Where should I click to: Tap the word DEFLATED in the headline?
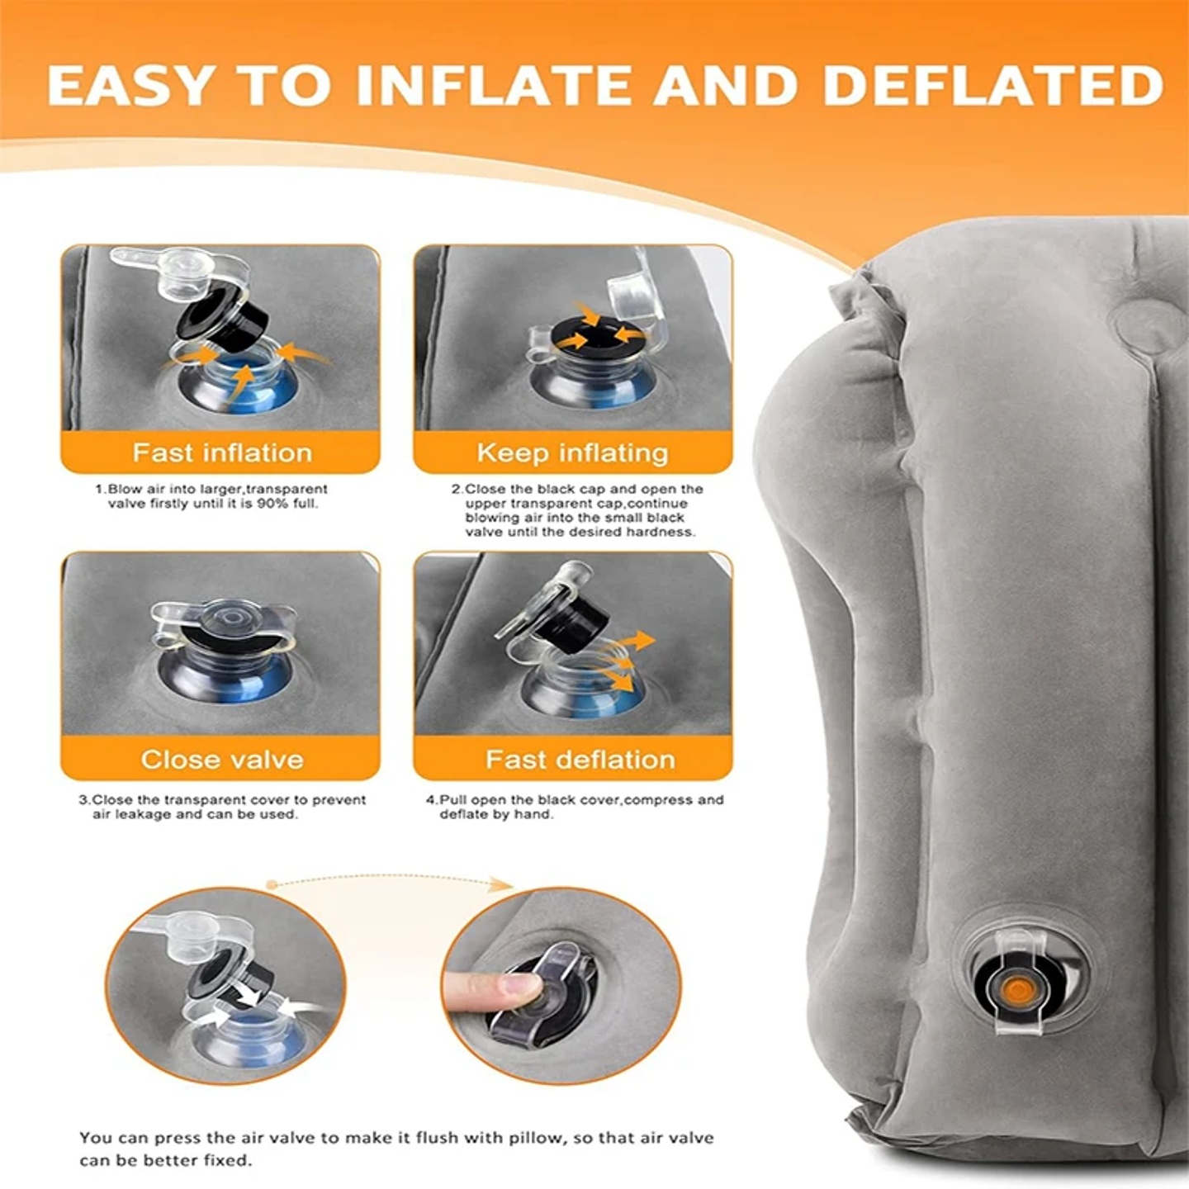[x=992, y=85]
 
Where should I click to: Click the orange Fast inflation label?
[x=221, y=452]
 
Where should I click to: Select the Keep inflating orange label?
[x=572, y=452]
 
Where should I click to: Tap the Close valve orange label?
[x=221, y=759]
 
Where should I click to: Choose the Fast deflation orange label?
[x=580, y=759]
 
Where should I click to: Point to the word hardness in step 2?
[x=660, y=532]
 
